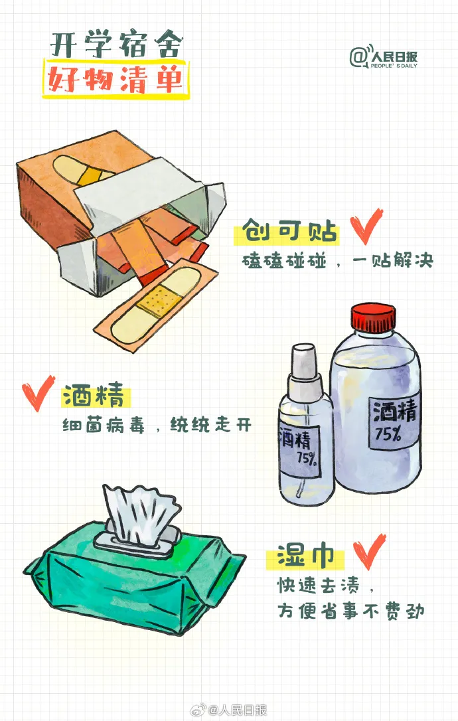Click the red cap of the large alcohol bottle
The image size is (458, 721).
click(x=373, y=317)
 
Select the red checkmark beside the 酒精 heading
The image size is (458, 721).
click(x=38, y=392)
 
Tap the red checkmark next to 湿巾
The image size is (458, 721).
click(x=369, y=551)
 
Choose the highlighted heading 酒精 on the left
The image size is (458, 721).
click(x=94, y=395)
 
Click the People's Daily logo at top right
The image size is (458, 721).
click(x=383, y=57)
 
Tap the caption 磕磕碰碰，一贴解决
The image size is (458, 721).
click(x=337, y=261)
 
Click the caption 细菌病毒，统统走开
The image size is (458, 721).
click(x=157, y=426)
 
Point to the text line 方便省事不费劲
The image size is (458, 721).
click(x=350, y=611)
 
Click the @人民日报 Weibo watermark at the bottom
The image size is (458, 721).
click(x=228, y=710)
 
